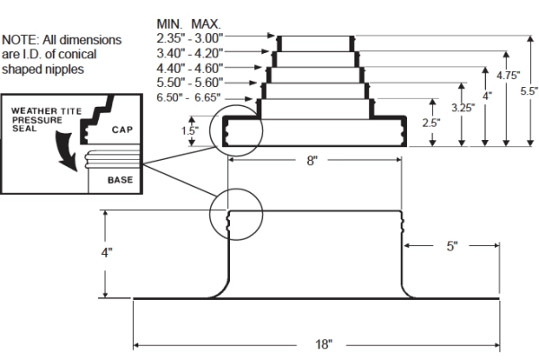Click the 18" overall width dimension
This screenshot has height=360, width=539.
[x=324, y=345]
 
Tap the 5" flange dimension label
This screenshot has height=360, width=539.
[x=452, y=245]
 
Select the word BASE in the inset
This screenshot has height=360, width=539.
[x=119, y=180]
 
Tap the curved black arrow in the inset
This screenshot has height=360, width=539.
[x=66, y=145]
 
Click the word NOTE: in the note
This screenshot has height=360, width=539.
[x=19, y=40]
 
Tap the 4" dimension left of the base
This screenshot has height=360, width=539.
[x=106, y=253]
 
